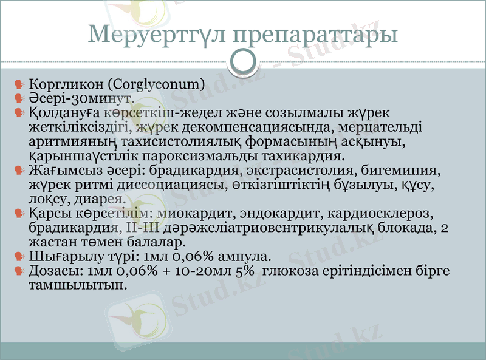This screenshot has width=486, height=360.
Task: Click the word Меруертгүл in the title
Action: coord(156,33)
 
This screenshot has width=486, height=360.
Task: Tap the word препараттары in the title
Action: coord(316,33)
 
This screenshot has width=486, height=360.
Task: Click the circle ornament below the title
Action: coord(243,61)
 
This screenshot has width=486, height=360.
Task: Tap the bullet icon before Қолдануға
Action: coord(19,113)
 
